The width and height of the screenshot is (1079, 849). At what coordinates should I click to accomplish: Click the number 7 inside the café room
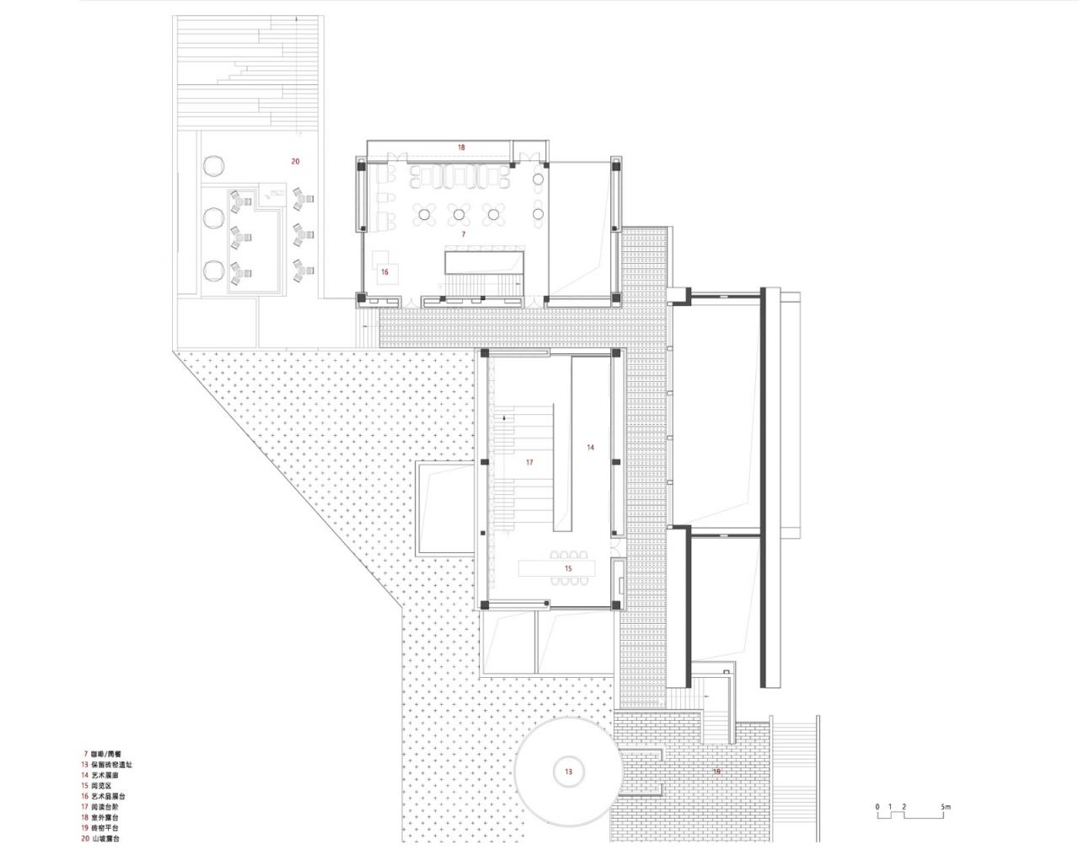(462, 233)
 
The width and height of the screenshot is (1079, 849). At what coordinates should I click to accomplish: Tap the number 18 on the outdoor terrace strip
(461, 148)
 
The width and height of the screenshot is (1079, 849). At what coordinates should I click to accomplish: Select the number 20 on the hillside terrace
(295, 161)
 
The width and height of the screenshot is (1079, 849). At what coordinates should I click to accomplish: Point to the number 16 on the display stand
(384, 271)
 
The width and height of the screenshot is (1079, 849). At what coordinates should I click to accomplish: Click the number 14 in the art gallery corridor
(591, 448)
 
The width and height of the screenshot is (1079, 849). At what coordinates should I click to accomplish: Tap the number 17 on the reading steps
(529, 462)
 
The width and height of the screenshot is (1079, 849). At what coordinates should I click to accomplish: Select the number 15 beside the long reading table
(568, 569)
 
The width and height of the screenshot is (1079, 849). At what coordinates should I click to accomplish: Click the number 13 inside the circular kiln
(568, 771)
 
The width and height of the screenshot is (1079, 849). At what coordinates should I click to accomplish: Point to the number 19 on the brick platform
(717, 771)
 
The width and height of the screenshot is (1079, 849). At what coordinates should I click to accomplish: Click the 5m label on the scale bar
(946, 807)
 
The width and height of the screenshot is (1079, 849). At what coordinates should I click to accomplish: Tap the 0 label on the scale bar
(878, 807)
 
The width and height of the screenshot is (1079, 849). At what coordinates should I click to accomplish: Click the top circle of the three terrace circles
(212, 163)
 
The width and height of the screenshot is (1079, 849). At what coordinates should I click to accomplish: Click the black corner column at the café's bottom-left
(362, 298)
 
